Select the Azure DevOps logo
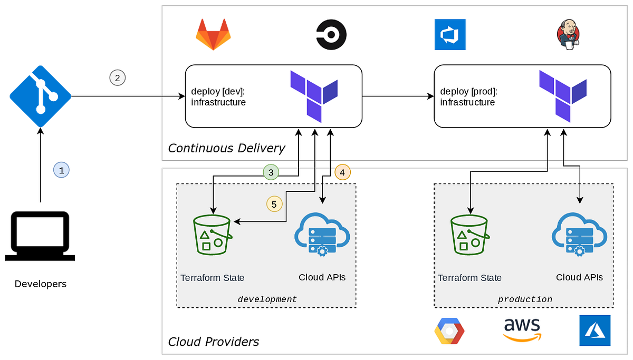450,35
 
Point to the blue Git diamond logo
40,95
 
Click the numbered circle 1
61,170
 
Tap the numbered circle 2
117,78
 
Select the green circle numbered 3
271,172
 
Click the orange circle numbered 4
342,172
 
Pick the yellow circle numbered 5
274,204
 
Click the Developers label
41,284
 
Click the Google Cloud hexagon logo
449,331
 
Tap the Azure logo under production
594,330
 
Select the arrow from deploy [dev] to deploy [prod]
398,96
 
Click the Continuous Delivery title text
226,148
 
